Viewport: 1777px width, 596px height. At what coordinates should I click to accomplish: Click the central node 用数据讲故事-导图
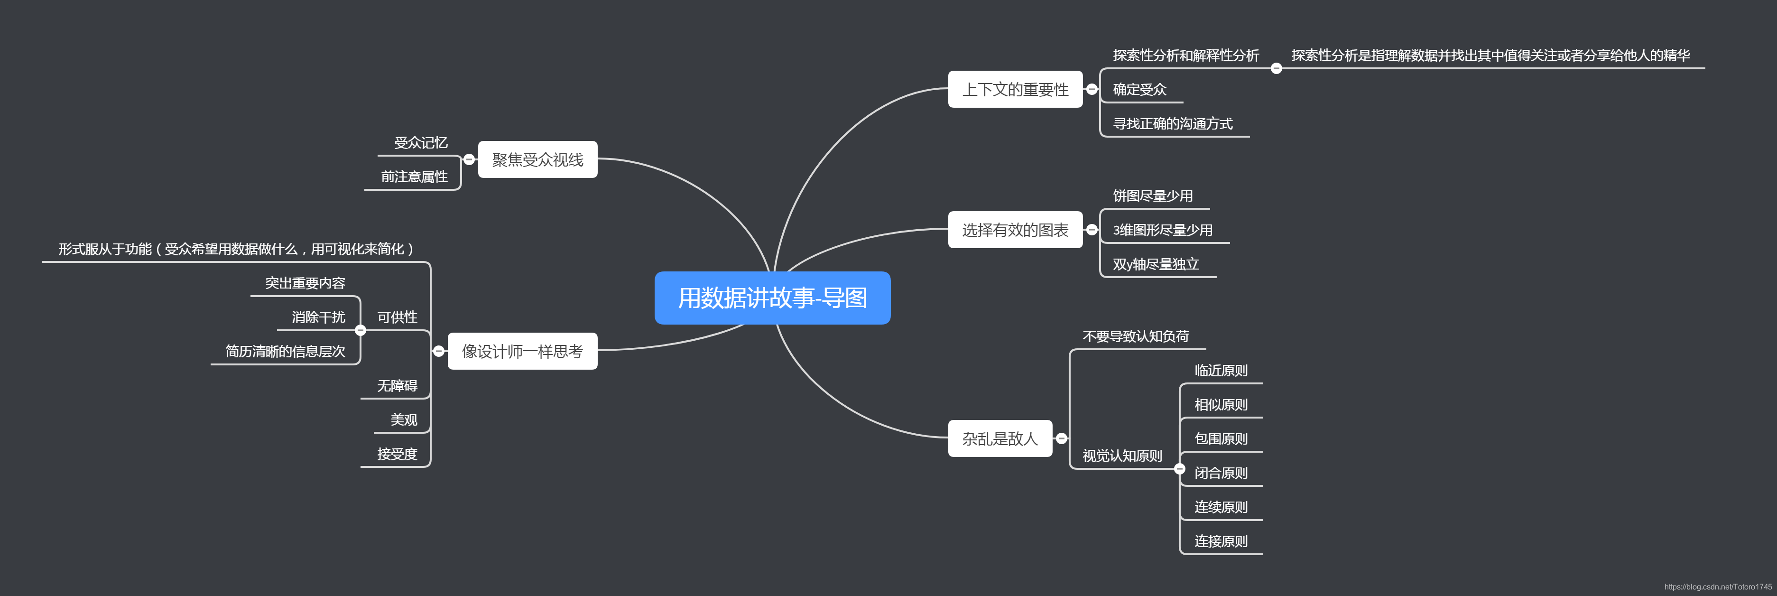coord(772,298)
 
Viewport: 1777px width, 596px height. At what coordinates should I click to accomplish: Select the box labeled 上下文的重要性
coord(1015,90)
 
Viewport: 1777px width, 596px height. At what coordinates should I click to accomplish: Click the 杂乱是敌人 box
coord(1000,439)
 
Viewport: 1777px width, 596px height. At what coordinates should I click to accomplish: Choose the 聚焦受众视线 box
coord(537,160)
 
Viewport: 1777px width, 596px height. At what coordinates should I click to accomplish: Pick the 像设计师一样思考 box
coord(522,352)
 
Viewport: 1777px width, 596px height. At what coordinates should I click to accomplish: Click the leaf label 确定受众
coord(1139,90)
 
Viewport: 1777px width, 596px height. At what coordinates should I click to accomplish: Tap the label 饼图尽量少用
coord(1152,196)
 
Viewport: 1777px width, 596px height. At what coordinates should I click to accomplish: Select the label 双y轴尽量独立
coord(1156,265)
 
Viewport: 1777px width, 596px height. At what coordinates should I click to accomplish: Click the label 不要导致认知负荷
coord(1136,336)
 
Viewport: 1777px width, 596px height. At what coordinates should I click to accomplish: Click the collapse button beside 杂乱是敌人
coord(1061,439)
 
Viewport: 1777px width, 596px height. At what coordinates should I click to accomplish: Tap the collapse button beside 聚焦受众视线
coord(469,160)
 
